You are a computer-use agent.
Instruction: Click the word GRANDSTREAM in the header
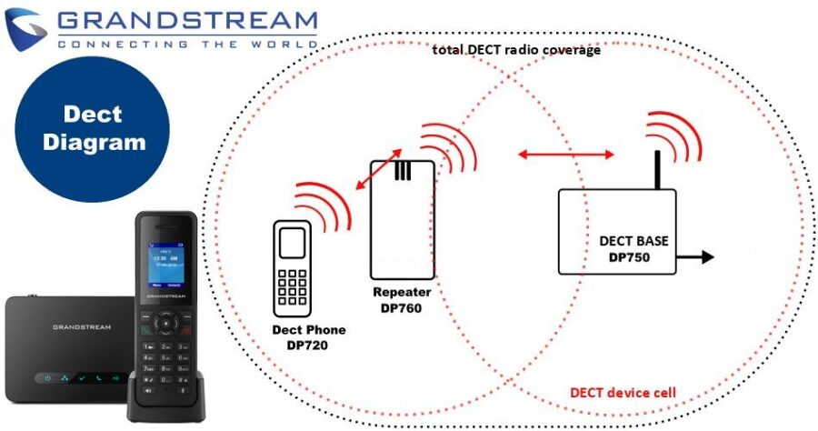point(187,20)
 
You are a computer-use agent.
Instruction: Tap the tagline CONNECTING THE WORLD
point(186,43)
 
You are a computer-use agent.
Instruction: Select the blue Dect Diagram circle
point(94,128)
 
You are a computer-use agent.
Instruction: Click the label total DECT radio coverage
point(517,51)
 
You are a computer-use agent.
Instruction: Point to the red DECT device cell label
point(623,393)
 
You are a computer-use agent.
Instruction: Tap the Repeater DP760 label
point(403,301)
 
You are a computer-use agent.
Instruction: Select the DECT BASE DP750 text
point(633,249)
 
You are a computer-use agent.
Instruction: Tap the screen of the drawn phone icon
point(292,244)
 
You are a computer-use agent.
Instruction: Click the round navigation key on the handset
point(166,322)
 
